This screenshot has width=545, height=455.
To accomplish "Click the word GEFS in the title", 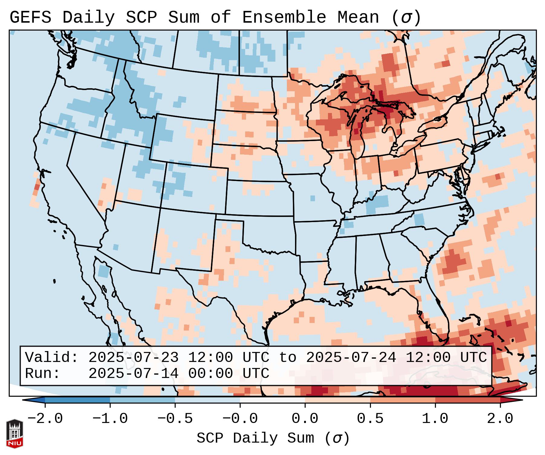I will click(x=30, y=17).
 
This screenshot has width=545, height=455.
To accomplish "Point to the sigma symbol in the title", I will click(x=406, y=17).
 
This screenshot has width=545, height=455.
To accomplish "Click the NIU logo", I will click(x=15, y=433).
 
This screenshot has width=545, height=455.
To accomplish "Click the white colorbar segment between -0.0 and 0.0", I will click(x=272, y=400).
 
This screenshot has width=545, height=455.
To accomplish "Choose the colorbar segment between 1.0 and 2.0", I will click(x=468, y=400).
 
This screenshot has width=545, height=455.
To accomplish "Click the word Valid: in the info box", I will click(x=52, y=358).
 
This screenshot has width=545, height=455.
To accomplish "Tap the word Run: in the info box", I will click(x=43, y=374).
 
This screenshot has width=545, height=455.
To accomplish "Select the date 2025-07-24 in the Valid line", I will click(x=351, y=358).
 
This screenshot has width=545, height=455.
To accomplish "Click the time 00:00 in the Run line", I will click(x=210, y=374).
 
